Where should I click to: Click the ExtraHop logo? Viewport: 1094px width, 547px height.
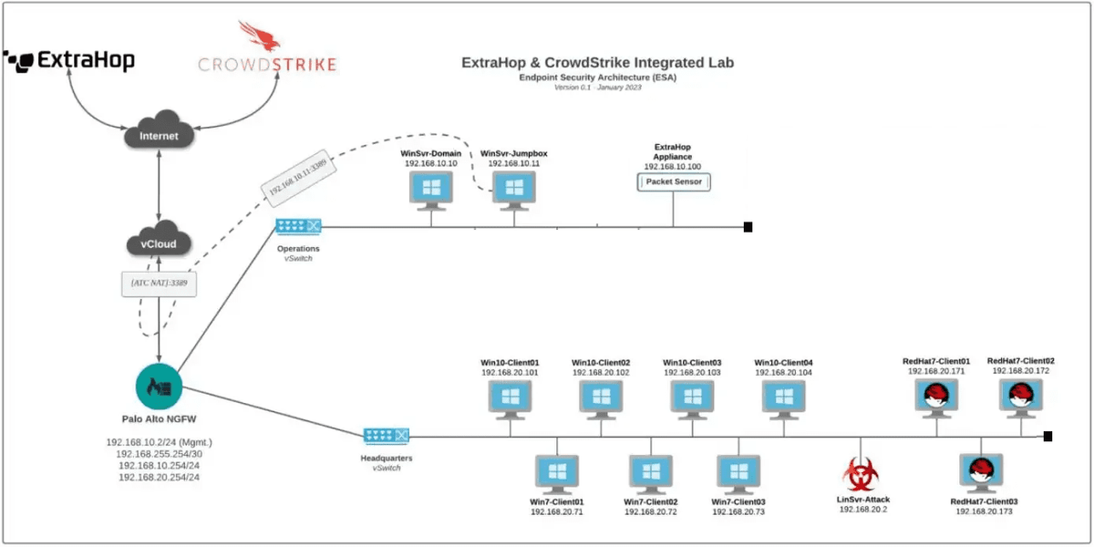(69, 60)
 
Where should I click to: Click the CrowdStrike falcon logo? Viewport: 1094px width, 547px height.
(254, 37)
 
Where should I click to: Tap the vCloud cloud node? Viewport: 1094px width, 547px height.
(158, 243)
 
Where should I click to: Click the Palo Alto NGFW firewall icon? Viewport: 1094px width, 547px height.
(160, 387)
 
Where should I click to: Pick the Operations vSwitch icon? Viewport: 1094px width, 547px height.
(298, 226)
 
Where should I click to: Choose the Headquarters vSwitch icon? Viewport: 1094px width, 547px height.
(386, 436)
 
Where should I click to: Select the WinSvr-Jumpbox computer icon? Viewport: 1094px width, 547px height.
(513, 188)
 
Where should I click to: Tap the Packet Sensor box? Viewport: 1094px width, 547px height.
(674, 182)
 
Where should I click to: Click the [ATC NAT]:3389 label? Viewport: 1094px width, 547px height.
(159, 283)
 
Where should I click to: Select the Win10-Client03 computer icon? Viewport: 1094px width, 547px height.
(692, 397)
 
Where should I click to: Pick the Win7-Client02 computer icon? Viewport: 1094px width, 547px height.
(650, 472)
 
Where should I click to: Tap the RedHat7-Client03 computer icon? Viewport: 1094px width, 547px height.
(981, 472)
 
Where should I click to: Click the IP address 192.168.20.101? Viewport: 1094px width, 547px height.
(511, 373)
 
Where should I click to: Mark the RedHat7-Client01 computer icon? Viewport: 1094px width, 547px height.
(936, 397)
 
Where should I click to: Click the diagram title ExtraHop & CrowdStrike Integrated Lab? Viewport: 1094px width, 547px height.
(597, 63)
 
